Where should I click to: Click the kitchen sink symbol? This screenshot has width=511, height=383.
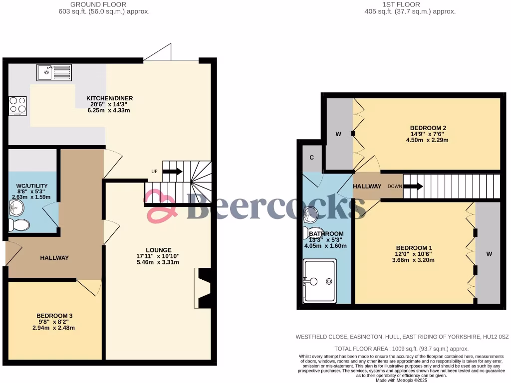point(54,72)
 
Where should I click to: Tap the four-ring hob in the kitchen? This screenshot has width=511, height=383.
point(17,106)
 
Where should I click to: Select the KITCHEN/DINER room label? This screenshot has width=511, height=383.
point(109,98)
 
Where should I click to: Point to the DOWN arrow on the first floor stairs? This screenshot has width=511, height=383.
point(413,187)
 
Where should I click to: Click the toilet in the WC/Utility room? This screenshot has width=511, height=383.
point(20,224)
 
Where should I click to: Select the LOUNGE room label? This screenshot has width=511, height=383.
point(159,250)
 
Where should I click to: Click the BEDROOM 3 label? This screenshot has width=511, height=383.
point(54,316)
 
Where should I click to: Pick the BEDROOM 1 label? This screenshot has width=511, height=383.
point(414,248)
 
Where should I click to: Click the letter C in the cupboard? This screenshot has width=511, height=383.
point(312,158)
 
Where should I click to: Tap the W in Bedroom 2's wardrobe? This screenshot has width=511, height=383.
point(338,134)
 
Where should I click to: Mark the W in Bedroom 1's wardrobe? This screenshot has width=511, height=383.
point(489,254)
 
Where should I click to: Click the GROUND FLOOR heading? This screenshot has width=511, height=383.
point(103,4)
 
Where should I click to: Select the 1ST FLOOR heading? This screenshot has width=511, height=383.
point(410,4)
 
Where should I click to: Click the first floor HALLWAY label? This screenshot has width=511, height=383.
point(367,186)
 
